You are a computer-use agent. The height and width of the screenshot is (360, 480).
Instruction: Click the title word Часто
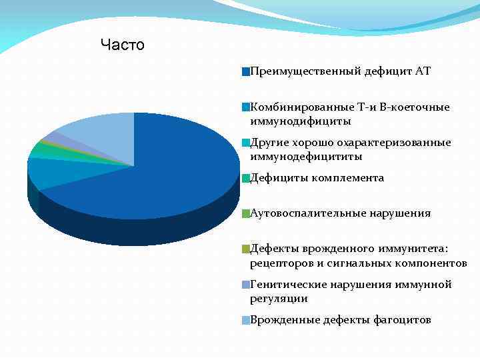point(122,45)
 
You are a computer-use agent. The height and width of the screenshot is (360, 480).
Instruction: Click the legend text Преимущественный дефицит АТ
point(340,71)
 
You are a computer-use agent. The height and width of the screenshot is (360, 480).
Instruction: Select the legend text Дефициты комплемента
point(317,178)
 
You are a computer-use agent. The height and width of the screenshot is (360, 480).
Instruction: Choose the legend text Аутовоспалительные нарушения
point(340,213)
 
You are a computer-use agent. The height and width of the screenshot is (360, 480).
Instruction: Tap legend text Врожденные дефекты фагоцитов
point(340,320)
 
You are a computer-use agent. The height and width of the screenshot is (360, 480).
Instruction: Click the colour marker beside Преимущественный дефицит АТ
point(246,71)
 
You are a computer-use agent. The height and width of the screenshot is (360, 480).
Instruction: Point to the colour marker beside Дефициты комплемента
point(246,179)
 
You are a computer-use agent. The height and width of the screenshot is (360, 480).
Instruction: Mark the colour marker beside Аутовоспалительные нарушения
point(246,214)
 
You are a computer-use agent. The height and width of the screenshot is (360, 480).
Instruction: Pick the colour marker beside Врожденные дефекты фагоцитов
point(246,321)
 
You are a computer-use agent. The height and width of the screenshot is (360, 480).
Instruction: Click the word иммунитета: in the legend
point(417,249)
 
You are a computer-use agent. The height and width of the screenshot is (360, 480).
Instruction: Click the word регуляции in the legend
point(279,299)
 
